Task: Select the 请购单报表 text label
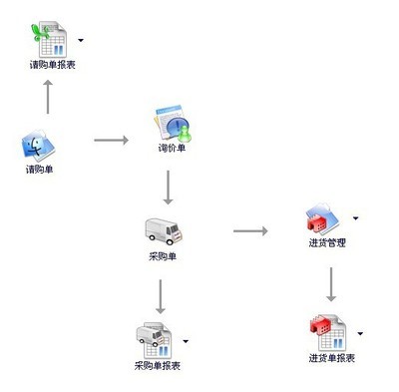(x=54, y=65)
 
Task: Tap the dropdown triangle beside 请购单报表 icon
(x=80, y=41)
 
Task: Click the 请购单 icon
(x=39, y=148)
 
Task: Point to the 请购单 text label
(x=40, y=170)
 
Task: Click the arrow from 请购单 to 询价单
(x=112, y=141)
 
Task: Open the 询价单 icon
(x=172, y=126)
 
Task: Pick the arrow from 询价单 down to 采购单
(x=171, y=188)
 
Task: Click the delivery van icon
(x=163, y=232)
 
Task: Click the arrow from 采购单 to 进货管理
(x=250, y=232)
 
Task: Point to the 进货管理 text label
(x=328, y=244)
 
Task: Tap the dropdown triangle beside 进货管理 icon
(x=356, y=216)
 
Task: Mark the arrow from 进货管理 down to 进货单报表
(x=329, y=284)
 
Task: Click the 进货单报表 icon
(x=329, y=332)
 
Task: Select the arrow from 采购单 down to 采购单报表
(x=161, y=295)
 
